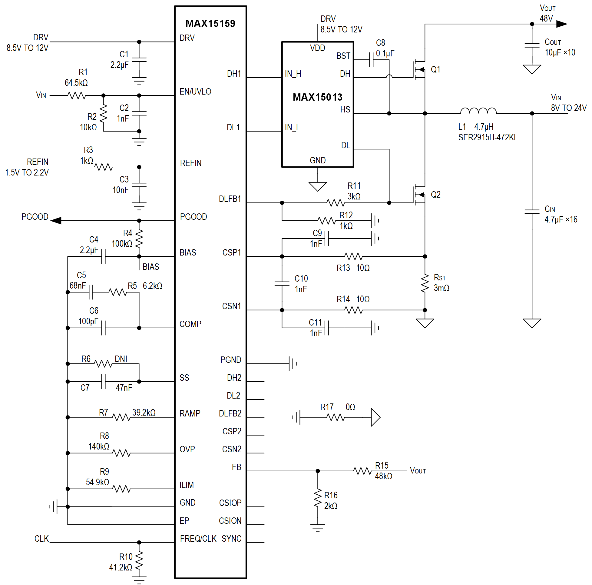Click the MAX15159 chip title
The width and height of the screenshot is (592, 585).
click(210, 23)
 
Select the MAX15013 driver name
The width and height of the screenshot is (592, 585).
click(317, 97)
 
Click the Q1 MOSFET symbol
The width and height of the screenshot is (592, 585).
click(418, 70)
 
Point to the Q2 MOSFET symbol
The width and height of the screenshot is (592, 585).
click(418, 195)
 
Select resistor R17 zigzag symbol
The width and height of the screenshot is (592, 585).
click(336, 417)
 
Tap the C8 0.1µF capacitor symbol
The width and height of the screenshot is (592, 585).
click(371, 59)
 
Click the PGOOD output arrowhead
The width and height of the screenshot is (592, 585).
click(56, 220)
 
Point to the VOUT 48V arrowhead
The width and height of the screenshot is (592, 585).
click(561, 24)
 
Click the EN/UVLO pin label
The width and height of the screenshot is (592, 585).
click(195, 92)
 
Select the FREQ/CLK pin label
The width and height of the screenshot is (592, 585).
click(198, 538)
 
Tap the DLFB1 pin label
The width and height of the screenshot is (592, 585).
click(230, 199)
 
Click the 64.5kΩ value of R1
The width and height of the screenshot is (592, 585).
click(76, 83)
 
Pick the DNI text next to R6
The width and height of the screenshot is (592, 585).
click(121, 359)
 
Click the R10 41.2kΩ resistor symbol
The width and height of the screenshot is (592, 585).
click(139, 561)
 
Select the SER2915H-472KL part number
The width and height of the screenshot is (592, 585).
click(488, 137)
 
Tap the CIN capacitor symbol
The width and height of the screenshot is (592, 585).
click(532, 211)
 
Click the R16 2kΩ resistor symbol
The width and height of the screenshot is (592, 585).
click(317, 498)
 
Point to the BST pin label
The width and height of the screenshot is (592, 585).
click(343, 56)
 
